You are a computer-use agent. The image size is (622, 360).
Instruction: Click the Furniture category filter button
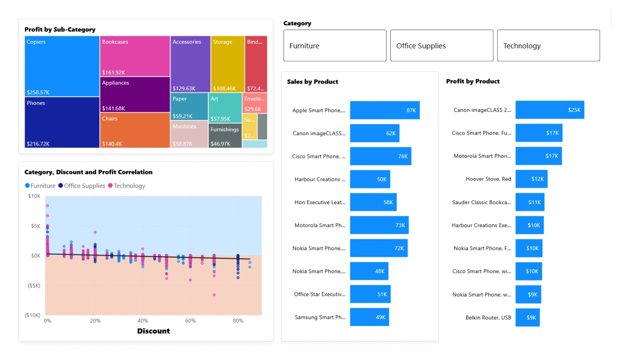coord(334,46)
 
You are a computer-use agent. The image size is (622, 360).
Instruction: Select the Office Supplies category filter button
coord(442,46)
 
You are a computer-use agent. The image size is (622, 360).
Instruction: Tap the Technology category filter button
coord(548,46)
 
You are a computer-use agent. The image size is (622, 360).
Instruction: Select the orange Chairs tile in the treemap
coord(135,130)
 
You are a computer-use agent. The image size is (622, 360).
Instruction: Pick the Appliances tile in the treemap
coord(135,95)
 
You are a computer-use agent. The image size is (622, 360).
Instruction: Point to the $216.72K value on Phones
coord(38,144)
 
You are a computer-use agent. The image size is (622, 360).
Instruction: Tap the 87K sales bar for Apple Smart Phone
coord(385,110)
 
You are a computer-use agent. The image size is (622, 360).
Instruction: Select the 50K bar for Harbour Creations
coord(370,179)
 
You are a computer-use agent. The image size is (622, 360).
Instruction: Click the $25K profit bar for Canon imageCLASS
coord(550,110)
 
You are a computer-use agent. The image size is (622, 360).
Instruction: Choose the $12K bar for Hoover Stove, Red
coord(531,179)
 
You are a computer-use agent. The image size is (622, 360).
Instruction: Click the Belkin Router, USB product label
coord(488,317)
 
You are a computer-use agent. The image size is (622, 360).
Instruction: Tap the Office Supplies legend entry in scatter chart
coord(82,186)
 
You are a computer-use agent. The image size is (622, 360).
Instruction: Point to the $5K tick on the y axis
coord(35,226)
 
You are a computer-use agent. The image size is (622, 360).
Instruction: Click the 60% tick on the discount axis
coord(191,321)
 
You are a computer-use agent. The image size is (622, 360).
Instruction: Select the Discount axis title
coord(154,331)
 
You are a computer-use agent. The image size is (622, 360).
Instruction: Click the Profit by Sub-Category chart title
coord(60,30)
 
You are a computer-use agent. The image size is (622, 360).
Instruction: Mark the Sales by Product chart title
coord(313,82)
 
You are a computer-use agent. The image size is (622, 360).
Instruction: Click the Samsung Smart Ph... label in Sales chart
coord(320,317)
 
